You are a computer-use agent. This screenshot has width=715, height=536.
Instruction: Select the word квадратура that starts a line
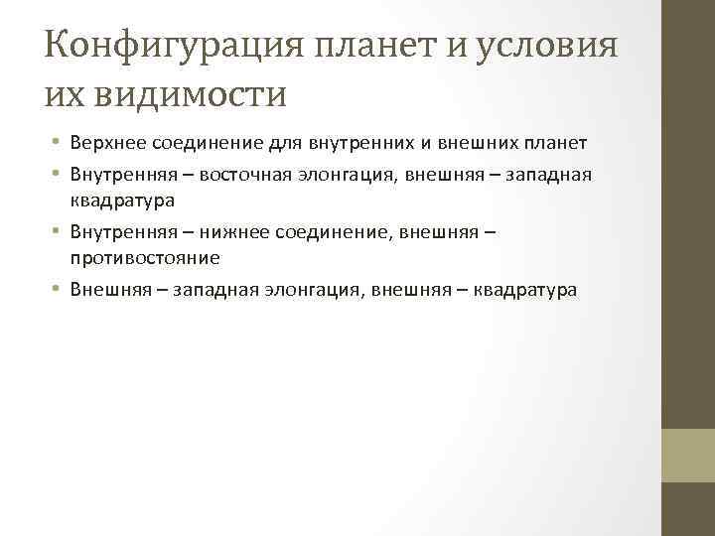[x=122, y=200]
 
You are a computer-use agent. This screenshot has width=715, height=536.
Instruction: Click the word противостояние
[x=145, y=257]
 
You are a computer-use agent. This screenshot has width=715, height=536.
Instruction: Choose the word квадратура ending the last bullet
[x=525, y=290]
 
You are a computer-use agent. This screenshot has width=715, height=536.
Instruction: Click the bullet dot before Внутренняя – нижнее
[x=58, y=231]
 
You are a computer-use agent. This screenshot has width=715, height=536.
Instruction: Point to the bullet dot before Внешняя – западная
[x=58, y=290]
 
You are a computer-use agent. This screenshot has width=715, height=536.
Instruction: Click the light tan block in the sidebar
[x=687, y=455]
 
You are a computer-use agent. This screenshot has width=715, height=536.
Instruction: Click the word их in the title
[x=62, y=94]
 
